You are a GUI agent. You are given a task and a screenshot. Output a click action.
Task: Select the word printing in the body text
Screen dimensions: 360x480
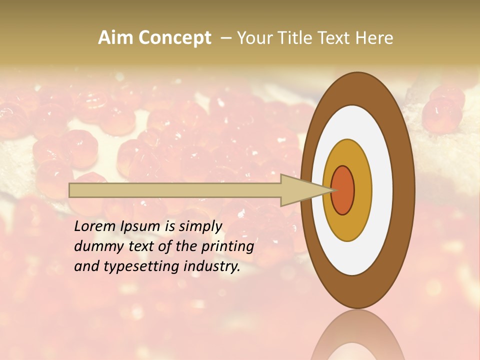pyautogui.click(x=227, y=247)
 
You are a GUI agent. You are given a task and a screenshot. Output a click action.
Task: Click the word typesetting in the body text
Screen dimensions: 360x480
pyautogui.click(x=142, y=267)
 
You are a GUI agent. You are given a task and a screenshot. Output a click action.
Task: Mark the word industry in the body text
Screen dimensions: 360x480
pyautogui.click(x=212, y=266)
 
